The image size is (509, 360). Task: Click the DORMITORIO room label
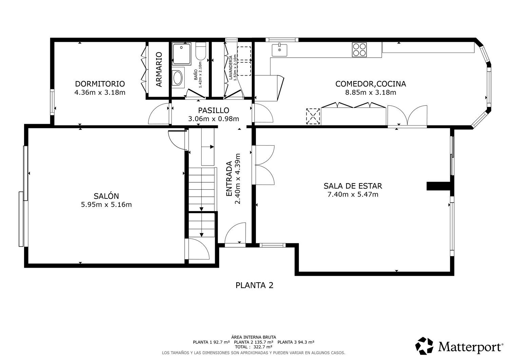pyautogui.click(x=100, y=84)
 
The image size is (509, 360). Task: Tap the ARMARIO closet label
pyautogui.click(x=159, y=69)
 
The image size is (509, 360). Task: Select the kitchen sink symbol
pyautogui.click(x=279, y=50)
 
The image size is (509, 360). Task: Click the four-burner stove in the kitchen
pyautogui.click(x=359, y=50)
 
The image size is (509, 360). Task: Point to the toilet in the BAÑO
pyautogui.click(x=201, y=51)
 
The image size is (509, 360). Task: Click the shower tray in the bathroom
pyautogui.click(x=182, y=54)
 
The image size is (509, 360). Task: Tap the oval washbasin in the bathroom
pyautogui.click(x=178, y=78)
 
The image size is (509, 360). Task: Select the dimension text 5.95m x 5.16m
pyautogui.click(x=106, y=205)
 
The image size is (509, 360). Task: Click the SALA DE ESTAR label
pyautogui.click(x=353, y=186)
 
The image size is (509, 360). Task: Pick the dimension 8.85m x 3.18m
pyautogui.click(x=371, y=93)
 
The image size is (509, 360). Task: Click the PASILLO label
pyautogui.click(x=213, y=111)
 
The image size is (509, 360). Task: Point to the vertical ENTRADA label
pyautogui.click(x=229, y=178)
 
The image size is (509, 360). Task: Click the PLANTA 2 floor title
pyautogui.click(x=254, y=285)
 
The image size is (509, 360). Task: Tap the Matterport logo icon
pyautogui.click(x=424, y=346)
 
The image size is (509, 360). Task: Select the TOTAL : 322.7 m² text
pyautogui.click(x=253, y=347)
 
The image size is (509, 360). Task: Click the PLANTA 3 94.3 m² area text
pyautogui.click(x=296, y=342)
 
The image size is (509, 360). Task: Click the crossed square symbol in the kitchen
pyautogui.click(x=313, y=116)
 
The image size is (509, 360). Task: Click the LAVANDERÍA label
pyautogui.click(x=231, y=68)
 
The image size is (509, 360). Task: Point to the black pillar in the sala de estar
pyautogui.click(x=438, y=186)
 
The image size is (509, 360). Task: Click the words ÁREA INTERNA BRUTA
pyautogui.click(x=253, y=337)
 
